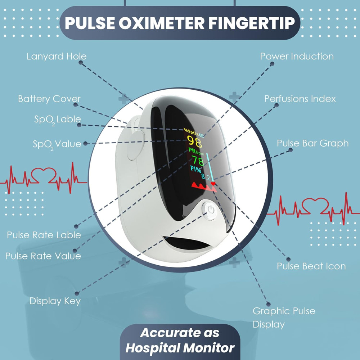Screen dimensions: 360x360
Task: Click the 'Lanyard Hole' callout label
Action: coord(57,56)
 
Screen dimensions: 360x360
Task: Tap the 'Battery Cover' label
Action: coord(49,99)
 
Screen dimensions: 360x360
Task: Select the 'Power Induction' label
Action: coord(297,56)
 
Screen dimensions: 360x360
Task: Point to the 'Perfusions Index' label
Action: coord(300,99)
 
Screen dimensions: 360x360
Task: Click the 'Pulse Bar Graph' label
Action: coord(312,143)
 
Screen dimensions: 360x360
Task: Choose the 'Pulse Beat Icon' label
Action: coord(311,266)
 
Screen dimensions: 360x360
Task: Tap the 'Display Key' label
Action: coord(55,301)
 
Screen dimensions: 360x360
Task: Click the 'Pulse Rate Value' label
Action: coord(43,256)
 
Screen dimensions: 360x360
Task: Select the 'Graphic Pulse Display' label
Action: coord(284,318)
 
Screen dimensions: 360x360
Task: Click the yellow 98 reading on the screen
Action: coord(195,141)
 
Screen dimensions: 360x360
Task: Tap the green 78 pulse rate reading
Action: coord(198,161)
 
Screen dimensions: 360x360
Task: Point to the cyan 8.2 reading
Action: coord(206,177)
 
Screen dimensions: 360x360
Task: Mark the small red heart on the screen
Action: coord(213,184)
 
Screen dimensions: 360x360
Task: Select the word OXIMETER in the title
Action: coord(161,23)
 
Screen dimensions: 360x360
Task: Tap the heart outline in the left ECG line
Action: coord(44,175)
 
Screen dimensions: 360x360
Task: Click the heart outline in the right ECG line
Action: coord(315,206)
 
